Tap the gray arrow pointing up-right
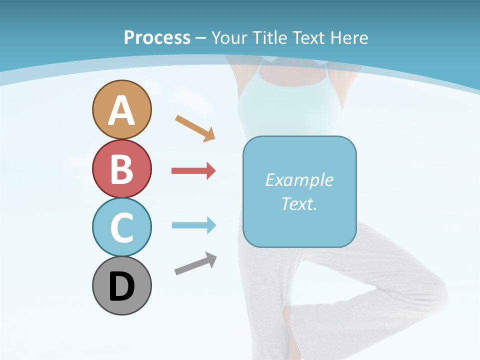195,263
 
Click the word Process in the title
157,37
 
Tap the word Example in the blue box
299,180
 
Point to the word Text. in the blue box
299,203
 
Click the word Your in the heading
230,37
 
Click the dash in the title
201,38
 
